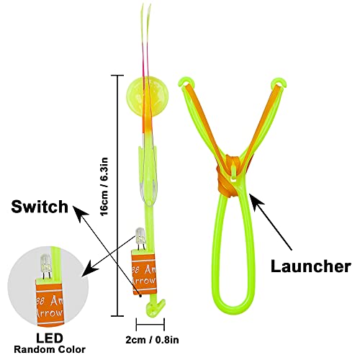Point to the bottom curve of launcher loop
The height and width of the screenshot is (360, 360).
pyautogui.click(x=235, y=318)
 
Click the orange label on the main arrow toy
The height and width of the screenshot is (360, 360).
pyautogui.click(x=143, y=271)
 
